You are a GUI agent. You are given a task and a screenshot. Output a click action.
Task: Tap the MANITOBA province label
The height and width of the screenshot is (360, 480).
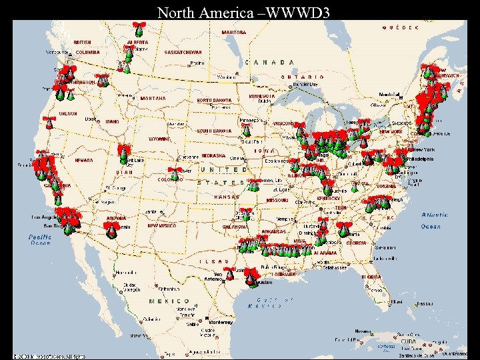(233, 32)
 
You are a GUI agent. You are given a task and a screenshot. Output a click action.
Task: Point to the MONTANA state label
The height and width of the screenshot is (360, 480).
(153, 99)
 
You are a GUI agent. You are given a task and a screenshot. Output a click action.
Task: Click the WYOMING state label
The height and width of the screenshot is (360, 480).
(160, 139)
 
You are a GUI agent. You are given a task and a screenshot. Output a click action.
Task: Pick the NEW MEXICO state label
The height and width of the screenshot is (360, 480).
(162, 226)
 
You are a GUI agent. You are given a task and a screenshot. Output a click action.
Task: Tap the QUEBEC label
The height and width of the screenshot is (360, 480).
(401, 28)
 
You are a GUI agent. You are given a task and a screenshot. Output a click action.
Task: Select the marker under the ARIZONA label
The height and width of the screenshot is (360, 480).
(112, 229)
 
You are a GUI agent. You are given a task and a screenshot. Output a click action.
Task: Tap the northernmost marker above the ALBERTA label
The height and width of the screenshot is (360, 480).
(139, 28)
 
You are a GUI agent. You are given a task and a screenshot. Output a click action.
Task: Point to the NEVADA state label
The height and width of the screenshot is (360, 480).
(84, 161)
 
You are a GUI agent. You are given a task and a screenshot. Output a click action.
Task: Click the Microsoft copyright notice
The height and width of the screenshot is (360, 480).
(50, 355)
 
